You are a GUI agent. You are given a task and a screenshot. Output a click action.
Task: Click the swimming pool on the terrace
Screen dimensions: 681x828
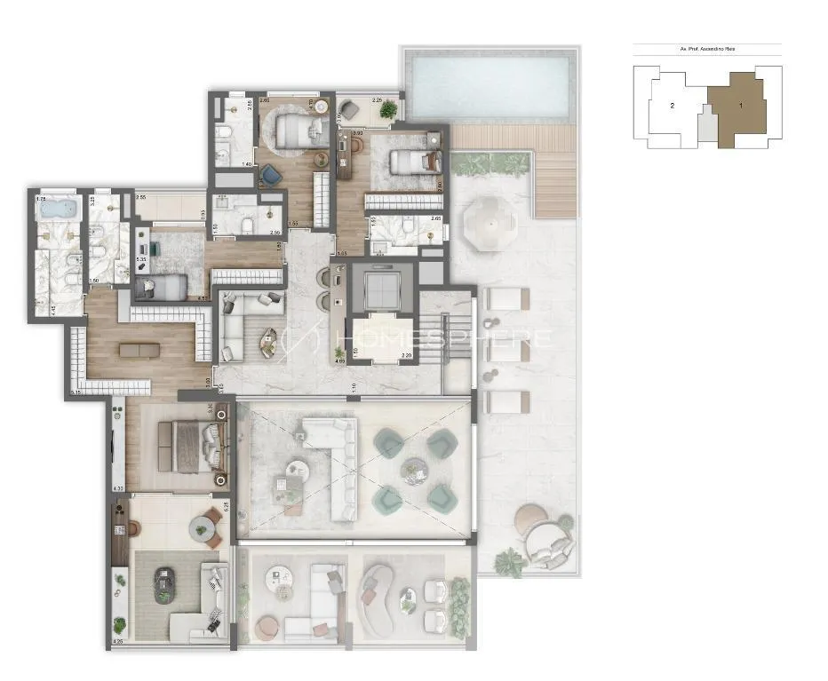(489, 87)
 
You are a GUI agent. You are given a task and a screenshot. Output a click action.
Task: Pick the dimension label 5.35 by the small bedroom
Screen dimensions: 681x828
(140, 259)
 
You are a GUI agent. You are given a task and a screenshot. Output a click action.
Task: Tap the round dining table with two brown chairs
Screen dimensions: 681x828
(203, 529)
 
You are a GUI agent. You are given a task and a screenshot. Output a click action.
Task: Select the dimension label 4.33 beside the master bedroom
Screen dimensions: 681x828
(118, 488)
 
